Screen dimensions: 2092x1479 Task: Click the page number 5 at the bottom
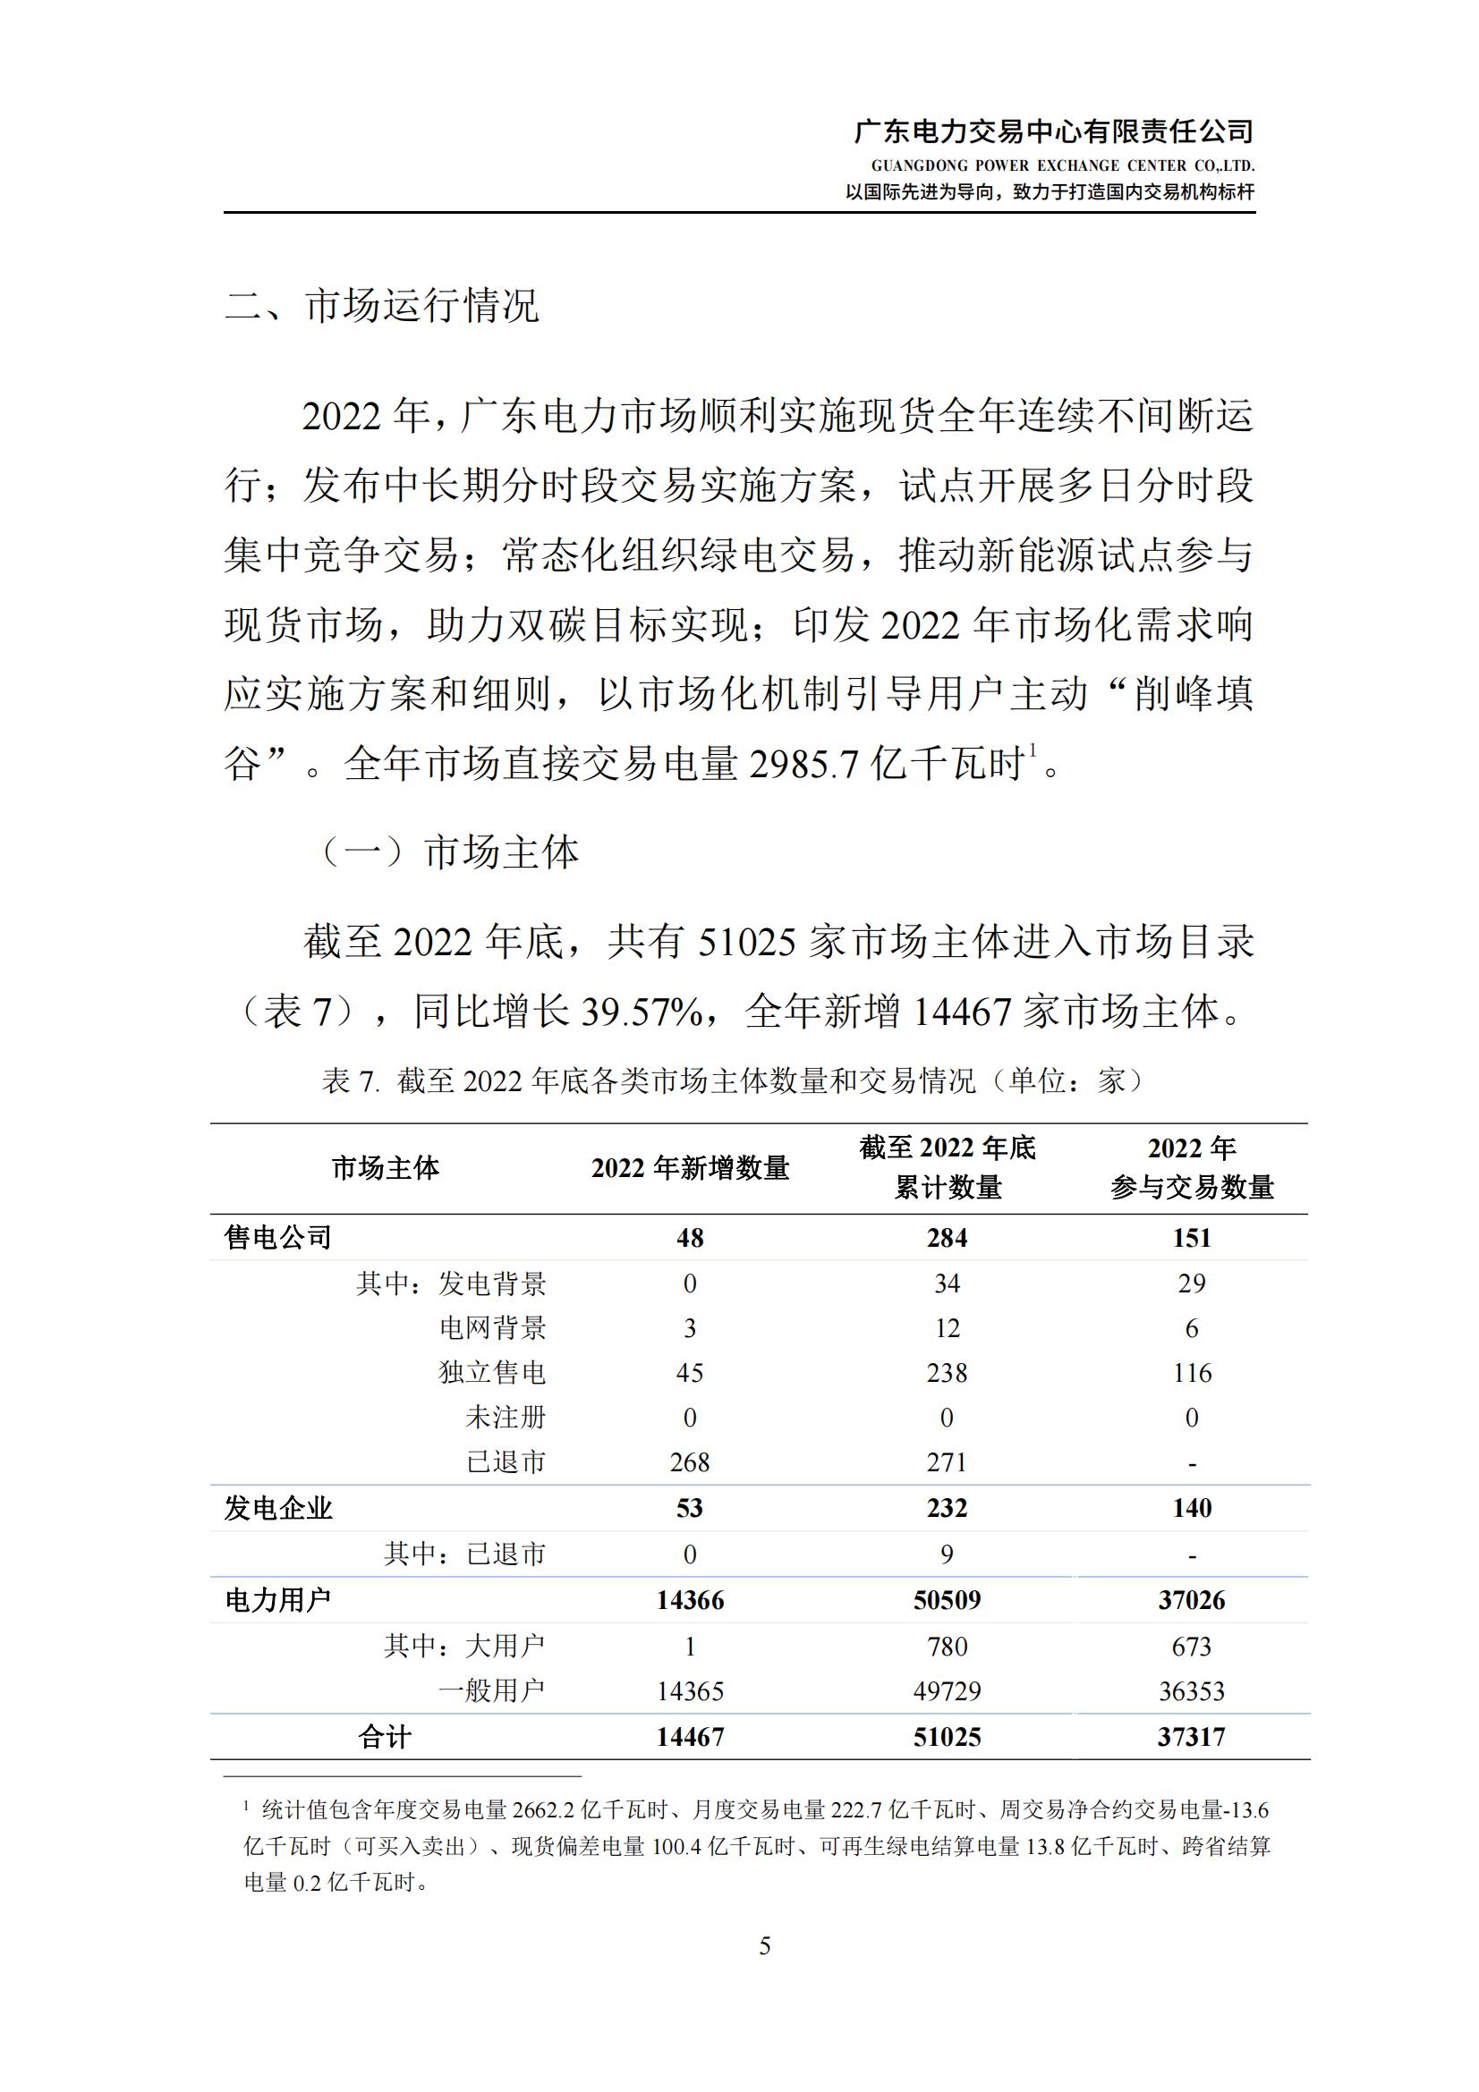[x=765, y=1945]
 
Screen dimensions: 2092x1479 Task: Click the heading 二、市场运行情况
[x=382, y=305]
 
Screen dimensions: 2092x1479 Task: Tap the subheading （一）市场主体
[x=449, y=852]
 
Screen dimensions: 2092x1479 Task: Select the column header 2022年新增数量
[x=690, y=1168]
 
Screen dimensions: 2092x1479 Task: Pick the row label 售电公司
[x=278, y=1237]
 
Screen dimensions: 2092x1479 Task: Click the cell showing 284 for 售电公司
[x=947, y=1237]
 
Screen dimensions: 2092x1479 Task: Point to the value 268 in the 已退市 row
[x=690, y=1461]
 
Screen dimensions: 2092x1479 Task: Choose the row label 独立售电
[x=492, y=1372]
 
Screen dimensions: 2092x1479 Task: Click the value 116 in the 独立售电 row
[x=1192, y=1372]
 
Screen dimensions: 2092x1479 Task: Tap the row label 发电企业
[x=278, y=1508]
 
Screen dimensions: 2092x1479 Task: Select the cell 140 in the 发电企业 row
[x=1192, y=1508]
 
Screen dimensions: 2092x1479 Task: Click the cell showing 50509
[x=947, y=1600]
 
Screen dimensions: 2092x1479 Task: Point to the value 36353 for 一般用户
[x=1192, y=1691]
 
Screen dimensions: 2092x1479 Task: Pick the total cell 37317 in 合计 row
[x=1192, y=1737]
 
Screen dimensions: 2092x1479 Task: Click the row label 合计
[x=385, y=1737]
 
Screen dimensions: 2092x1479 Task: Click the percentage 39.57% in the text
[x=642, y=1012]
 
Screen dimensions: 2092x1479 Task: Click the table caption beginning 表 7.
[x=732, y=1080]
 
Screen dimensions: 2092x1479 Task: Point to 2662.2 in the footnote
[x=546, y=1809]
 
